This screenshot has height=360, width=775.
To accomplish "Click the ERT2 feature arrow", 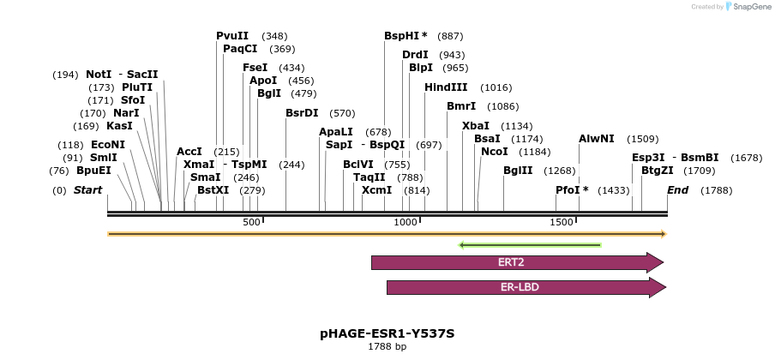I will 517,262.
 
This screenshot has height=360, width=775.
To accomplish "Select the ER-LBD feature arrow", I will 520,287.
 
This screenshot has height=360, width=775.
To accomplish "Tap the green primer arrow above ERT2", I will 530,245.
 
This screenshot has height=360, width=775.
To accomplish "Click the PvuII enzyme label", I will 232,36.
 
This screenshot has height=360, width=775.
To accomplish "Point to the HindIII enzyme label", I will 446,87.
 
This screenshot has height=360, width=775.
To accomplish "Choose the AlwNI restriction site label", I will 597,139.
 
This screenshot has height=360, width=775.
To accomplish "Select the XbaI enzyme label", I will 476,126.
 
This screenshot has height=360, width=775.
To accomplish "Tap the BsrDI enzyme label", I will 302,113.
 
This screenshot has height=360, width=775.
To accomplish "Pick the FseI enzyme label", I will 255,68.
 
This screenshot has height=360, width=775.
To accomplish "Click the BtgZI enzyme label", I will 658,171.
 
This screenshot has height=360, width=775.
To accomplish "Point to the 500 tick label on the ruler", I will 251,223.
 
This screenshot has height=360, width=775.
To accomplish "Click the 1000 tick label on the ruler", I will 405,223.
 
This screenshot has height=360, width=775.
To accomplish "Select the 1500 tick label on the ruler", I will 562,223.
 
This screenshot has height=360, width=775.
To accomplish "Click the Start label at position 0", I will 87,189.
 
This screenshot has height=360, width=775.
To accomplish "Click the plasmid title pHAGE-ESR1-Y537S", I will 387,333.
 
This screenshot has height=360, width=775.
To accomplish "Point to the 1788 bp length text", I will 387,347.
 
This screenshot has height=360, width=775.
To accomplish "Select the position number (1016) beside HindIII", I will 496,87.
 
